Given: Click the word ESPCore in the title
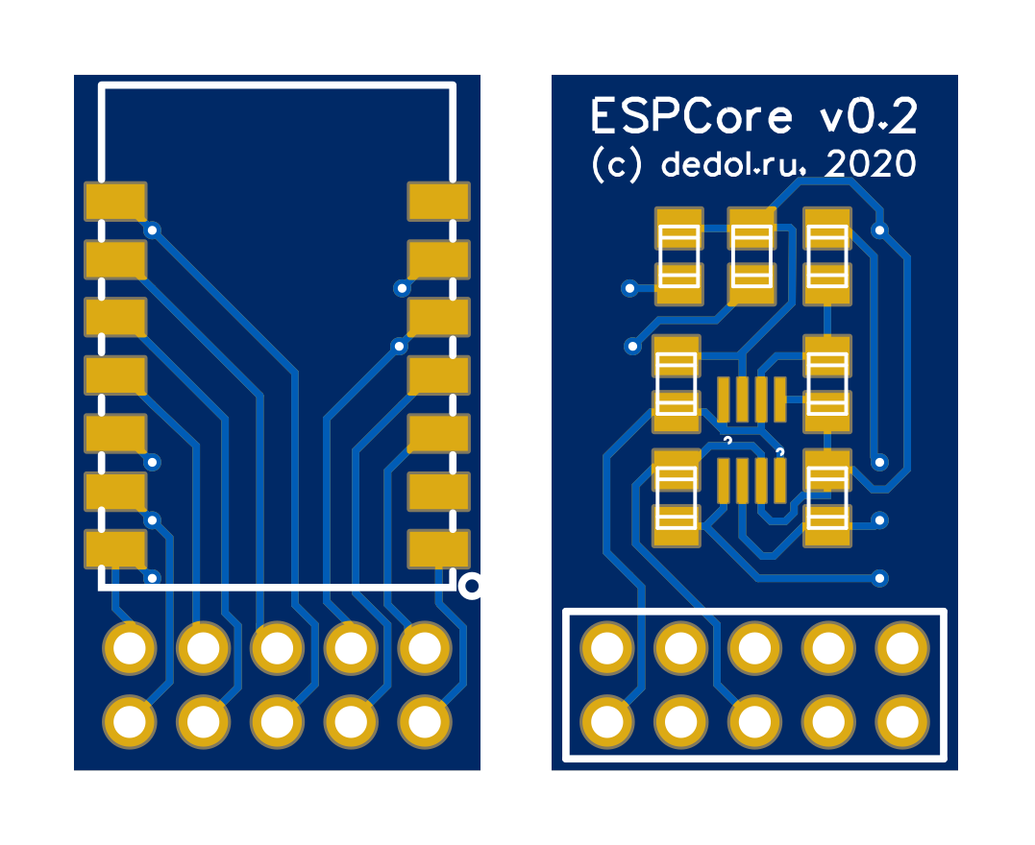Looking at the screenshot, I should click(x=692, y=117).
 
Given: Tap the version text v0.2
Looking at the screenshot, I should click(x=868, y=117).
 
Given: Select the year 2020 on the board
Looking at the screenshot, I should click(x=871, y=164).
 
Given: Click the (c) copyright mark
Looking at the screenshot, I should click(x=615, y=165).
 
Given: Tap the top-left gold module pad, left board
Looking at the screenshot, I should click(x=115, y=202).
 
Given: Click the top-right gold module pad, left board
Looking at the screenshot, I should click(x=438, y=202).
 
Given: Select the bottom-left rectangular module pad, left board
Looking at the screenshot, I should click(x=115, y=549).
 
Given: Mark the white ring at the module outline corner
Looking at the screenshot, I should click(x=471, y=585).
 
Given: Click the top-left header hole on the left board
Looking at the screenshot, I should click(x=129, y=648).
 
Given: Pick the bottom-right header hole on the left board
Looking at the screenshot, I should click(x=424, y=720).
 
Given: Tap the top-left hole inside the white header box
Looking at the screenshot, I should click(x=607, y=648).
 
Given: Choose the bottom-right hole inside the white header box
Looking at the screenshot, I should click(x=902, y=720).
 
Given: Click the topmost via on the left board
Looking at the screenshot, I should click(x=151, y=230).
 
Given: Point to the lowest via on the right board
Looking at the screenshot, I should click(x=879, y=578).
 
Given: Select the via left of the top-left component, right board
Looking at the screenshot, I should click(x=629, y=287).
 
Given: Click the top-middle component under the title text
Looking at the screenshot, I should click(x=752, y=256).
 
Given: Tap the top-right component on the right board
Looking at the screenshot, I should click(x=827, y=256).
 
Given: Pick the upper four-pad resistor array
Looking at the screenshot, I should click(x=752, y=399).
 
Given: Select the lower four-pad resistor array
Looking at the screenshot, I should click(x=752, y=481).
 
